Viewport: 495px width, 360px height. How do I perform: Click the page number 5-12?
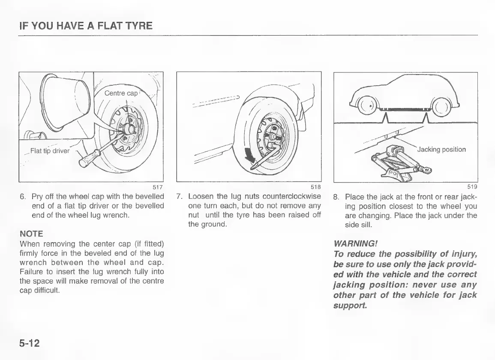pyautogui.click(x=29, y=343)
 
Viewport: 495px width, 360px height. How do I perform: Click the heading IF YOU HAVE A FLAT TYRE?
pyautogui.click(x=86, y=26)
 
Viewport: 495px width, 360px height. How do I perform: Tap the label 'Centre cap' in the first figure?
pyautogui.click(x=121, y=93)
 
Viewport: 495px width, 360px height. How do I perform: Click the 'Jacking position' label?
pyautogui.click(x=441, y=150)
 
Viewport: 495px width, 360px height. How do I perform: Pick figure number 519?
pyautogui.click(x=472, y=186)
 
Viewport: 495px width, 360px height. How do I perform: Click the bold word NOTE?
pyautogui.click(x=31, y=234)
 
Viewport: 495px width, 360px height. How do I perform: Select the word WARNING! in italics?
pyautogui.click(x=351, y=244)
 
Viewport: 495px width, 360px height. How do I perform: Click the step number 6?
pyautogui.click(x=22, y=196)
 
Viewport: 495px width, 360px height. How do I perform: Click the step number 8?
pyautogui.click(x=336, y=198)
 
